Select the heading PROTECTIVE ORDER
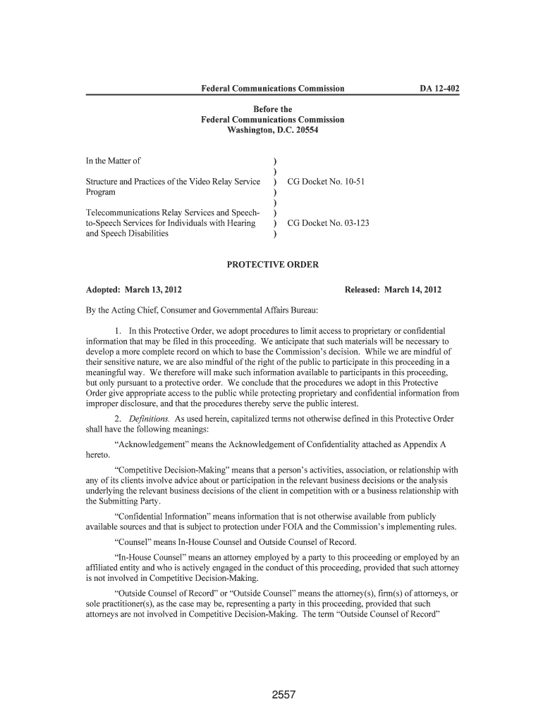click(x=272, y=265)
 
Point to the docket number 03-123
click(x=353, y=223)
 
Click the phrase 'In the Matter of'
click(x=113, y=161)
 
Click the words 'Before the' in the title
click(x=272, y=110)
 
